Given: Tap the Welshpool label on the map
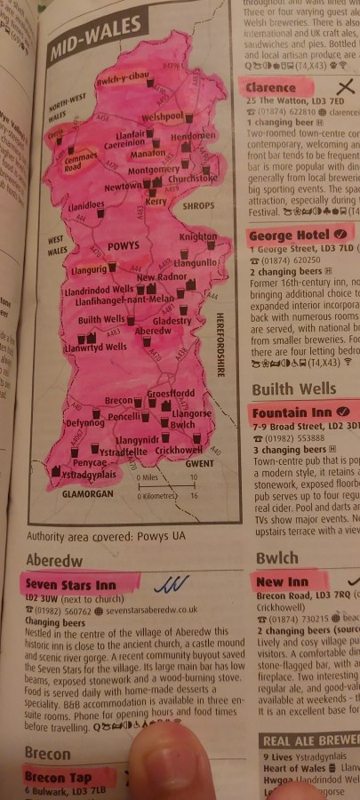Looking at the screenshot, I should (162, 117).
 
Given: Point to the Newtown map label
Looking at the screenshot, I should (123, 188).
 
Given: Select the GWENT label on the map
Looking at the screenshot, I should (199, 463).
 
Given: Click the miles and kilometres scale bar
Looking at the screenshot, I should (165, 486).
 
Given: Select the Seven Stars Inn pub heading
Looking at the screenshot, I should (70, 585).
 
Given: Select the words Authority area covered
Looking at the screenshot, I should (75, 536).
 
